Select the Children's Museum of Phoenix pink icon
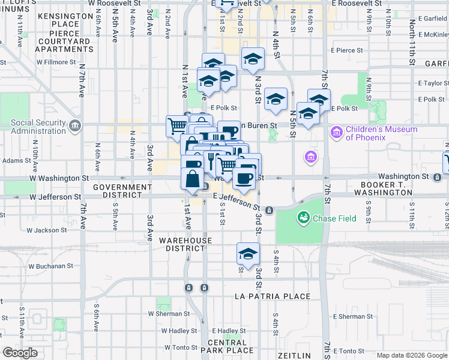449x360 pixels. (x=336, y=131)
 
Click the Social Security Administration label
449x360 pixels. (x=38, y=127)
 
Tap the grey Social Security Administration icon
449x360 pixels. (x=74, y=125)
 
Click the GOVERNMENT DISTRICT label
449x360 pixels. (x=122, y=191)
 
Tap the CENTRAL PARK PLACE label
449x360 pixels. (x=231, y=346)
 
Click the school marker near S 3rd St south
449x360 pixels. (x=248, y=254)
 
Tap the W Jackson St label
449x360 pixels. (x=47, y=230)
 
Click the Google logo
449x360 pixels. (x=20, y=353)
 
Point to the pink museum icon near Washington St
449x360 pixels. (x=311, y=157)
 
